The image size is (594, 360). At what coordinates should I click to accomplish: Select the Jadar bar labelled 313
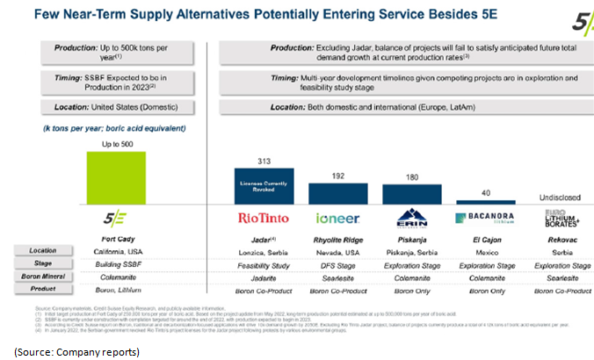(x=269, y=187)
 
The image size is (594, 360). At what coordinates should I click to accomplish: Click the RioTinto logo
(x=268, y=218)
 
